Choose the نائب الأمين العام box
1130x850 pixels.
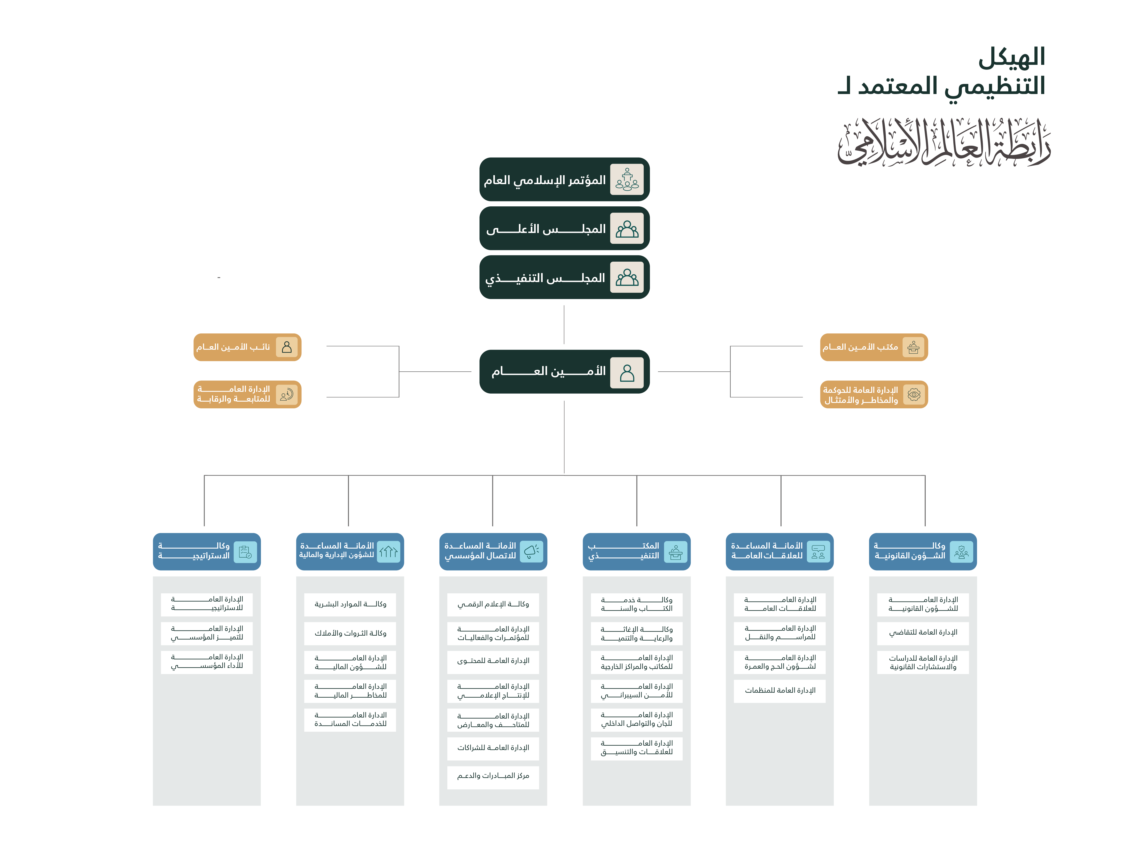247,347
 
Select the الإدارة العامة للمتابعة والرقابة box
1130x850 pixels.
247,394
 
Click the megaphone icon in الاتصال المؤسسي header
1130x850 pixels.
531,552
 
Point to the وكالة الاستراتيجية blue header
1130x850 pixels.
207,552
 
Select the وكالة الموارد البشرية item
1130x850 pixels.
350,604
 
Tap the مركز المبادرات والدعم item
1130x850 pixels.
493,776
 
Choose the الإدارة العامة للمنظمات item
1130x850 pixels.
780,691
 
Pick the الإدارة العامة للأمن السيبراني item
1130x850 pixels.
636,691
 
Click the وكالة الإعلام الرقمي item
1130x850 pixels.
493,604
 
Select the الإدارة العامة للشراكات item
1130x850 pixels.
493,748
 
